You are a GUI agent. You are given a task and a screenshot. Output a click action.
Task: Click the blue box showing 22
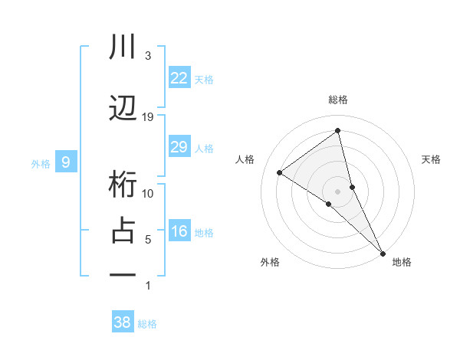pos(179,77)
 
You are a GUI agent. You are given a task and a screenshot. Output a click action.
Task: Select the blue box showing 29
pos(179,147)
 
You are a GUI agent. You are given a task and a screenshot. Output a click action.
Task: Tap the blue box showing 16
pos(179,231)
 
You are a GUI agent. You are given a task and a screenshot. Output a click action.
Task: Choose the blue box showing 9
pos(66,162)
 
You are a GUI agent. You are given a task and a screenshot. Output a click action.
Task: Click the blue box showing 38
pos(122,322)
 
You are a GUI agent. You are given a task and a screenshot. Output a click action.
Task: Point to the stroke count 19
pos(148,116)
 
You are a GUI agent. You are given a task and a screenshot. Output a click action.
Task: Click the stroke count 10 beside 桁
pos(148,193)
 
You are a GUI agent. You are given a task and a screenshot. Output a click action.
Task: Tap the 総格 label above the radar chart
pos(337,100)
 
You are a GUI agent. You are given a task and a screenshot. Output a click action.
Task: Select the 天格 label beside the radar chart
pos(432,159)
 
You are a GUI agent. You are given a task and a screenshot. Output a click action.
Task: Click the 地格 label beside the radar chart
pos(402,262)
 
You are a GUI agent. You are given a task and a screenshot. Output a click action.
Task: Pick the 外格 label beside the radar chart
pos(270,262)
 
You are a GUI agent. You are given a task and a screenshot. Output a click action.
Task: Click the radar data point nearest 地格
pos(383,252)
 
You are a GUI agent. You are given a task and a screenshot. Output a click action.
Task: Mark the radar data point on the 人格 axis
pos(280,172)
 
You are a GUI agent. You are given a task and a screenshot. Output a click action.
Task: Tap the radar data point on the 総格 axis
pos(337,131)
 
